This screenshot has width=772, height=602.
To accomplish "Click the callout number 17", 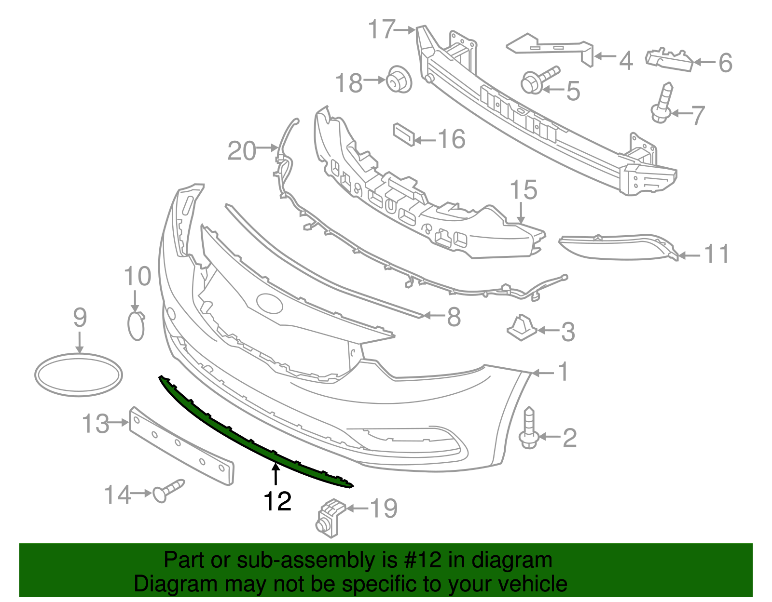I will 382,29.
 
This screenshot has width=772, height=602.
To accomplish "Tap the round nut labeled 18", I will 398,80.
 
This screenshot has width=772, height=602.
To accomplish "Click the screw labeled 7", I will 663,103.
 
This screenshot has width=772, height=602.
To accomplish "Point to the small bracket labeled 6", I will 669,59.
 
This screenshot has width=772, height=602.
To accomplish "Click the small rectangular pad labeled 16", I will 403,134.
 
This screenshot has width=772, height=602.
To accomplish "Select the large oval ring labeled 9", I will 79,375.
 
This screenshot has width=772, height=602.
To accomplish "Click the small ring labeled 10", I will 136,326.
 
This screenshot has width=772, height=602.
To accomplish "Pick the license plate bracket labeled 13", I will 181,445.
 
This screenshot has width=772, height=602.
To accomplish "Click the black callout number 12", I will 277,502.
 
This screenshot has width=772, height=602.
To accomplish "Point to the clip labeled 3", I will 521,329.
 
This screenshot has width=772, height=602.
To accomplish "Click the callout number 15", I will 523,190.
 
